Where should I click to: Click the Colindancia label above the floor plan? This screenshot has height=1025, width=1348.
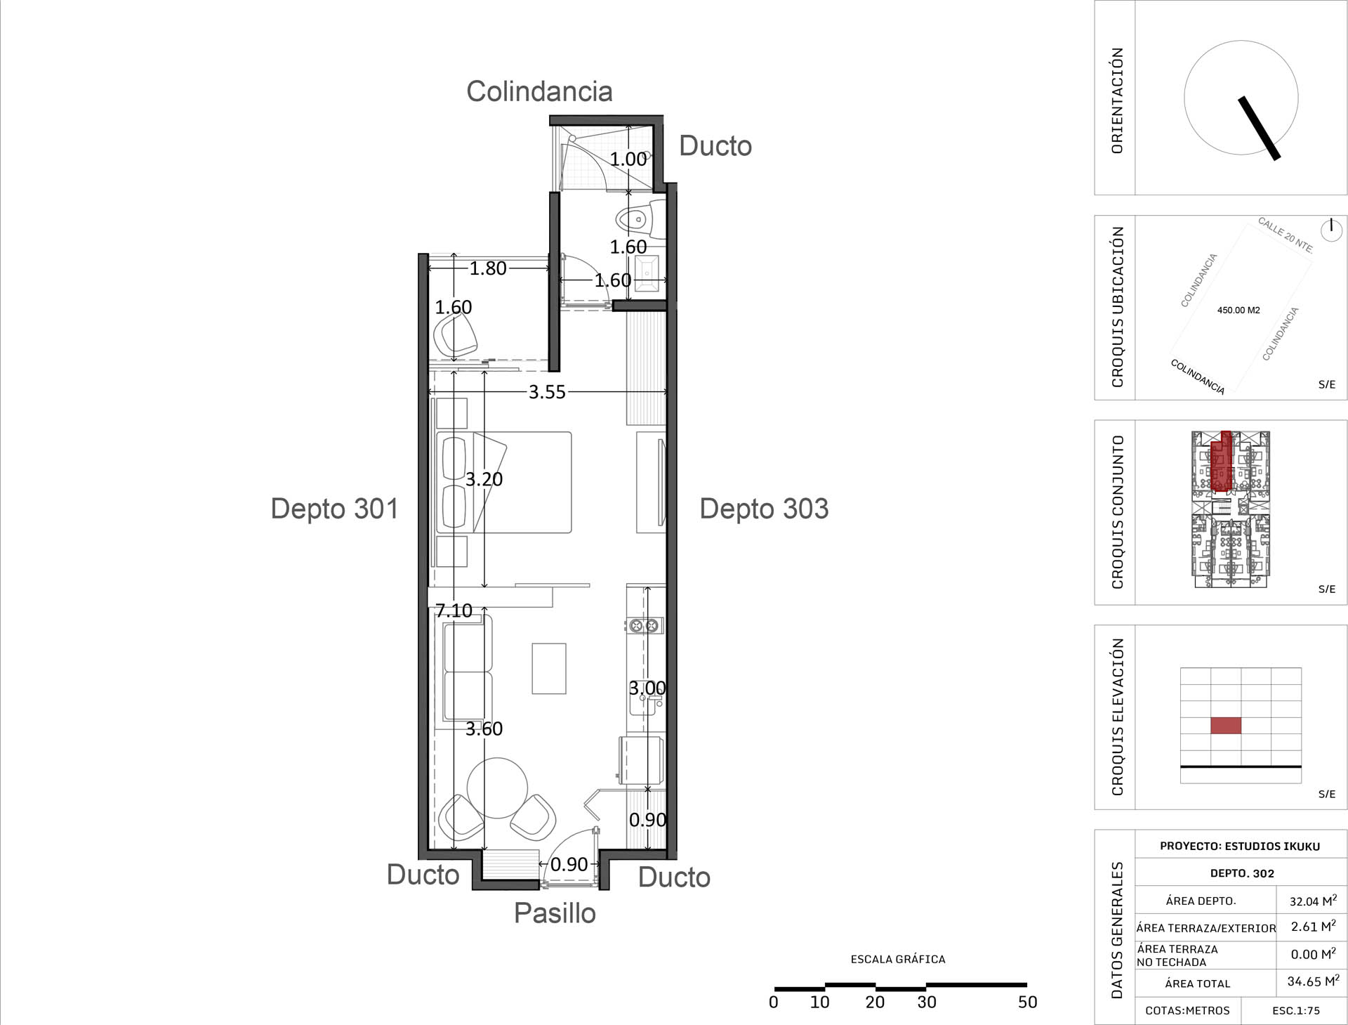click(539, 91)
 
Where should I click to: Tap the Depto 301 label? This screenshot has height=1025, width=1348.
click(334, 509)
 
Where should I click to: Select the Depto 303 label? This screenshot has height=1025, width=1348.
click(764, 509)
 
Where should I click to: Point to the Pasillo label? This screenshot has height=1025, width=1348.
click(555, 913)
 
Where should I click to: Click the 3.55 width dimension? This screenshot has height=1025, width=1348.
click(547, 392)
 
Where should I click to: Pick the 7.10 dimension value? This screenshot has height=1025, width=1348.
click(454, 611)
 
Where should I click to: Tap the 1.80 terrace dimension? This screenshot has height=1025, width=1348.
click(488, 268)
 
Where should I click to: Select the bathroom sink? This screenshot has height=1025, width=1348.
click(647, 271)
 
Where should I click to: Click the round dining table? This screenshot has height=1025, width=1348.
click(497, 788)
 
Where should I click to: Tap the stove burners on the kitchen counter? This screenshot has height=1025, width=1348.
click(645, 625)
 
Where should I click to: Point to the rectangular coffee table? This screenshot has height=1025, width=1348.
click(549, 669)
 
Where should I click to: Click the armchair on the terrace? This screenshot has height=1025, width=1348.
click(456, 334)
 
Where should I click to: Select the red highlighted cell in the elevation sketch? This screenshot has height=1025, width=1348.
click(1226, 725)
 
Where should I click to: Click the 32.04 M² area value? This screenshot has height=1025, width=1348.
click(1313, 901)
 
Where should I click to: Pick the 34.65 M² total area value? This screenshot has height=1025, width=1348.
click(1313, 981)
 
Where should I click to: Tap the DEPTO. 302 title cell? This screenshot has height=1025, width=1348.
click(1242, 873)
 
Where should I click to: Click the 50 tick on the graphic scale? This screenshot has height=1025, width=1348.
click(1027, 1003)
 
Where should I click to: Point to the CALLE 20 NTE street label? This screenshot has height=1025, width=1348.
click(1285, 235)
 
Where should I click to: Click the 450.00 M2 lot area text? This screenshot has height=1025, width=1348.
click(1238, 310)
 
